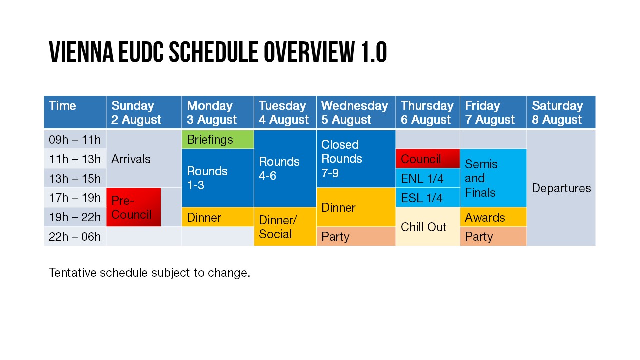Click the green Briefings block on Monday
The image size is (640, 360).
click(x=218, y=139)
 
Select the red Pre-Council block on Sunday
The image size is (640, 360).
click(x=133, y=207)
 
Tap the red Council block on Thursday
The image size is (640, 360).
click(x=427, y=158)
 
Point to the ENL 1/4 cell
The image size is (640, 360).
click(x=427, y=178)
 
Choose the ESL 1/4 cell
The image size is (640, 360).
click(x=427, y=197)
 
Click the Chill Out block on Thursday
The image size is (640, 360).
click(x=427, y=226)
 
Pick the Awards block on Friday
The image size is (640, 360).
click(x=493, y=217)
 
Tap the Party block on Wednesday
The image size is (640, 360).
click(x=356, y=236)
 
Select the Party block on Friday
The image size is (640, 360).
click(x=493, y=236)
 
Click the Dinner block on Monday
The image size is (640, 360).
click(x=218, y=217)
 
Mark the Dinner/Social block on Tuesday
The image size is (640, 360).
click(x=285, y=226)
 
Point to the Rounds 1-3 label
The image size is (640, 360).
click(x=207, y=178)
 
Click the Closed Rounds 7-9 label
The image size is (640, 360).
click(x=341, y=159)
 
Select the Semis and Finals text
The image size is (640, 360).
click(x=481, y=178)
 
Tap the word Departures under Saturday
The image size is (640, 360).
click(x=561, y=188)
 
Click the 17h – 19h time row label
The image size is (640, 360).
click(x=75, y=197)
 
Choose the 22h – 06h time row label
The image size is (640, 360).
click(x=75, y=237)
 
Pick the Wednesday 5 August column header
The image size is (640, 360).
click(x=356, y=112)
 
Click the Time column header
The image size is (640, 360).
click(x=62, y=105)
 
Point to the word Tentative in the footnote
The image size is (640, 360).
click(x=73, y=273)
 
